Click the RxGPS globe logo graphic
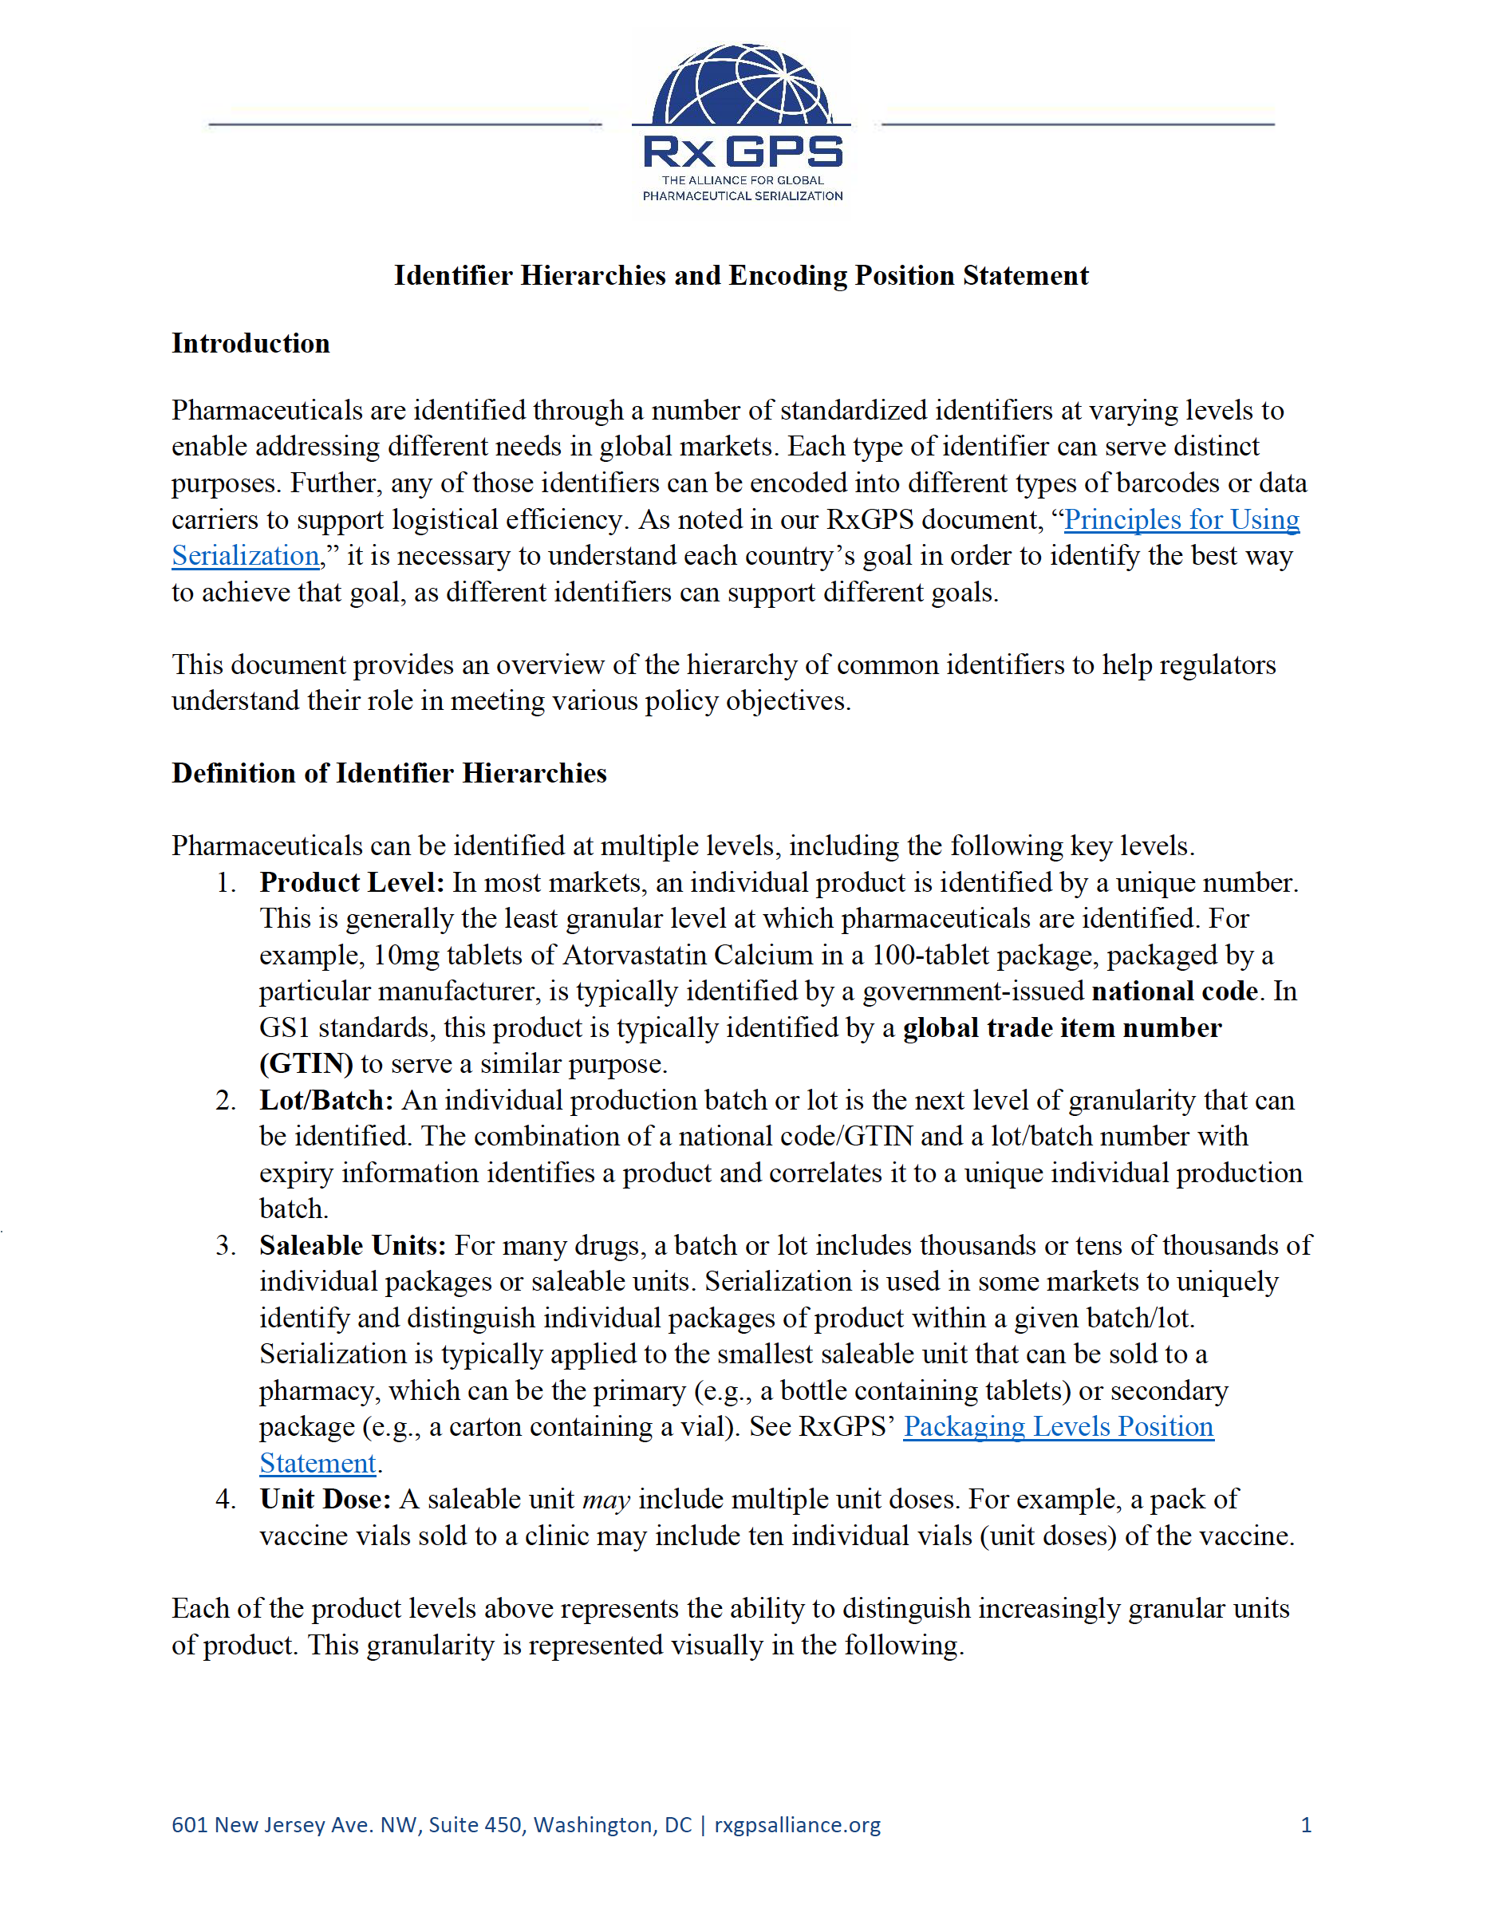pyautogui.click(x=742, y=85)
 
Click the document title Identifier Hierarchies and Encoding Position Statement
pyautogui.click(x=741, y=276)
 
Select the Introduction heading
pyautogui.click(x=250, y=344)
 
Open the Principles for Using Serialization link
pyautogui.click(x=1181, y=520)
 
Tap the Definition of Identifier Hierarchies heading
pyautogui.click(x=389, y=774)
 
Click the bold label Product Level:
pyautogui.click(x=352, y=883)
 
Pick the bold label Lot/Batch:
pyautogui.click(x=326, y=1100)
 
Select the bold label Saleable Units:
pyautogui.click(x=353, y=1246)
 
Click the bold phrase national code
pyautogui.click(x=1173, y=992)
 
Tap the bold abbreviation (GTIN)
pyautogui.click(x=306, y=1064)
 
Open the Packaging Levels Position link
pyautogui.click(x=1058, y=1427)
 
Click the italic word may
pyautogui.click(x=606, y=1500)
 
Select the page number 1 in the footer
pyautogui.click(x=1306, y=1824)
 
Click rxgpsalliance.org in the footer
pyautogui.click(x=796, y=1824)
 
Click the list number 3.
pyautogui.click(x=226, y=1246)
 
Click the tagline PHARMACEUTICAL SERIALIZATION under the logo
pyautogui.click(x=742, y=195)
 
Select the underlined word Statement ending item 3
pyautogui.click(x=318, y=1463)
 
